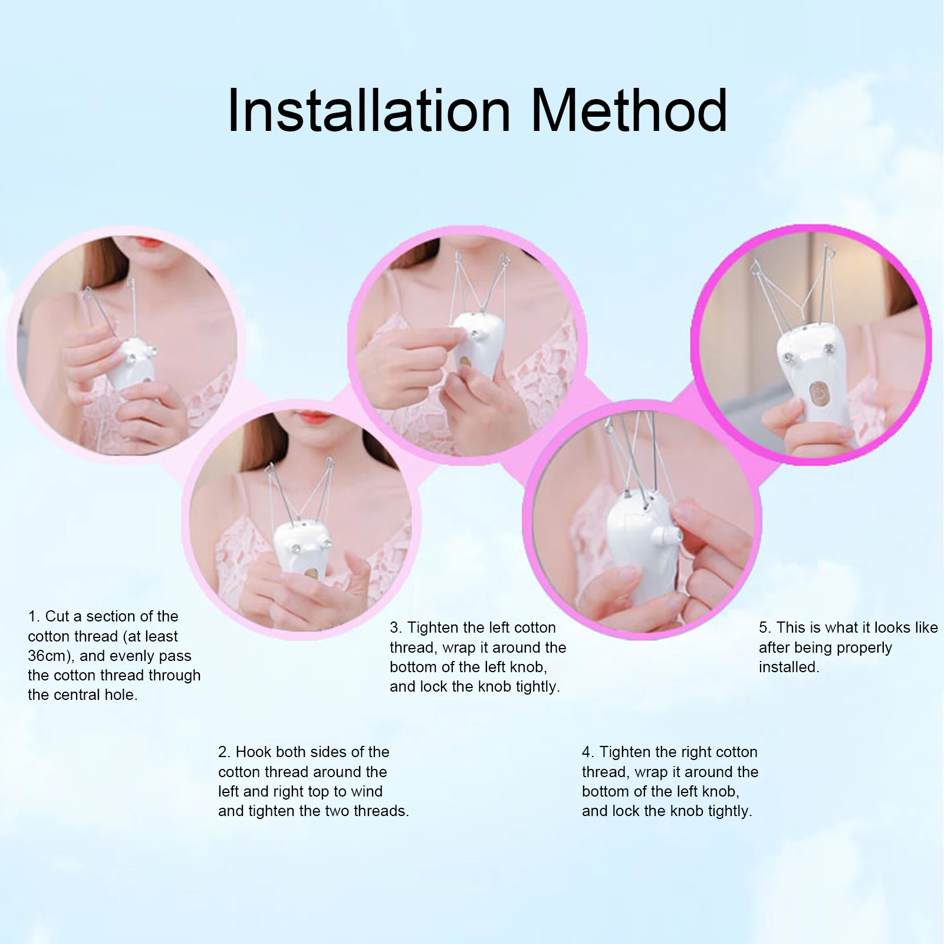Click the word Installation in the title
tap(369, 110)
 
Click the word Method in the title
tap(629, 110)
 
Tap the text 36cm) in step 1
tap(50, 656)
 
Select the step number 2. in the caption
tap(224, 752)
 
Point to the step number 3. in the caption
tap(396, 627)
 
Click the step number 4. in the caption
tap(588, 752)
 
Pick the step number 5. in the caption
tap(765, 627)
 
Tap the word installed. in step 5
tap(789, 667)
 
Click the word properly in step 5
tap(867, 647)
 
